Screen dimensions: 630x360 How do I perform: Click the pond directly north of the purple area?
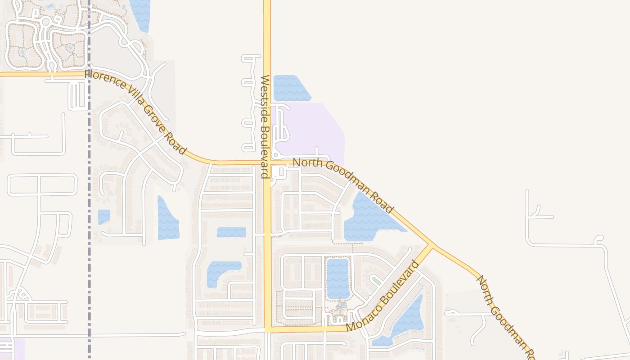coord(290,88)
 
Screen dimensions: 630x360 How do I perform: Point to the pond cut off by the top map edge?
coord(140,13)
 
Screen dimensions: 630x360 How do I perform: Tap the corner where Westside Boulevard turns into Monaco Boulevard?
coord(268,330)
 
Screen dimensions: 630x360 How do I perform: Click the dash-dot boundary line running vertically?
coord(89,180)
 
